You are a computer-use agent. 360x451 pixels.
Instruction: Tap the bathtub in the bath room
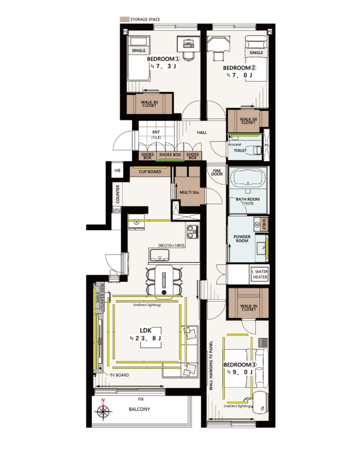tap(248, 178)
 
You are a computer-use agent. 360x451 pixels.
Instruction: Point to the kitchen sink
tap(159, 255)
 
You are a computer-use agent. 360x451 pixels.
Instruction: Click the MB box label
tap(117, 171)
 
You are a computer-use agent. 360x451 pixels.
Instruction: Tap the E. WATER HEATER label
tap(260, 274)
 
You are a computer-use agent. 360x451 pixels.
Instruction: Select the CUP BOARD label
tap(150, 172)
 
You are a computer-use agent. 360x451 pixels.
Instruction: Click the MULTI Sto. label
tap(189, 192)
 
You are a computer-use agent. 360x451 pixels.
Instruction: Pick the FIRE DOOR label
tap(217, 172)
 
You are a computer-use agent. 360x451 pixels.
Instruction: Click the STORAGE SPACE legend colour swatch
tap(124, 19)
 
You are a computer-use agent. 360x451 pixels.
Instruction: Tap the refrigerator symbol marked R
tap(137, 222)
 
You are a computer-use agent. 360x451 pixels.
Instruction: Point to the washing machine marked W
tap(257, 225)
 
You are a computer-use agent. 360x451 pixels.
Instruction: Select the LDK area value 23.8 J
tap(146, 339)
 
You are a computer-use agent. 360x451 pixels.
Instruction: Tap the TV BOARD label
tap(120, 375)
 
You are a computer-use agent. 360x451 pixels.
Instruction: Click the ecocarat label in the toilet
tap(235, 144)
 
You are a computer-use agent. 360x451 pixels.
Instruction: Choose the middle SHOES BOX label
tap(170, 155)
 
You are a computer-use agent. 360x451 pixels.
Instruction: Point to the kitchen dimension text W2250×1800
tap(171, 246)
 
